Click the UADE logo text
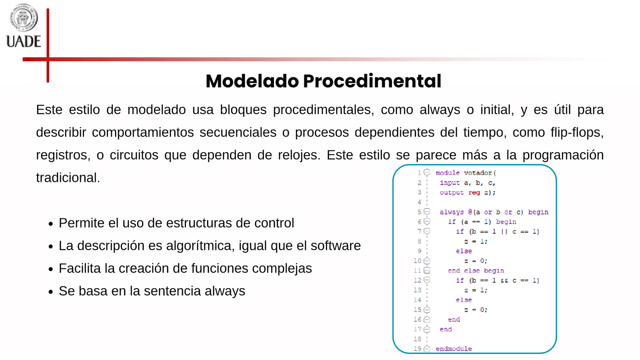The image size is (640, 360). click(x=24, y=42)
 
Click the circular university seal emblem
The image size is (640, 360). click(x=23, y=17)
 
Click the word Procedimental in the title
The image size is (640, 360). click(x=372, y=81)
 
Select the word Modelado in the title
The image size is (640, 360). click(x=252, y=81)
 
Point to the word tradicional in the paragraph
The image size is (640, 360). click(x=68, y=178)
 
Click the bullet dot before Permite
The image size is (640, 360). click(x=51, y=224)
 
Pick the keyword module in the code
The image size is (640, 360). click(x=448, y=173)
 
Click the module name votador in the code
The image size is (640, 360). click(x=478, y=173)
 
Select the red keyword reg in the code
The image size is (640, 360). click(x=474, y=192)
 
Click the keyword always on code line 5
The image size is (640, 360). click(x=452, y=212)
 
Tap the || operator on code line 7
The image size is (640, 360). click(x=504, y=231)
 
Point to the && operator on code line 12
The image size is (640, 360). click(x=504, y=281)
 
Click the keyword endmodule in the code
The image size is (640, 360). click(x=454, y=349)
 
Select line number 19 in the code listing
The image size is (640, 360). click(x=417, y=349)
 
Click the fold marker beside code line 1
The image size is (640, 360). click(x=427, y=173)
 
